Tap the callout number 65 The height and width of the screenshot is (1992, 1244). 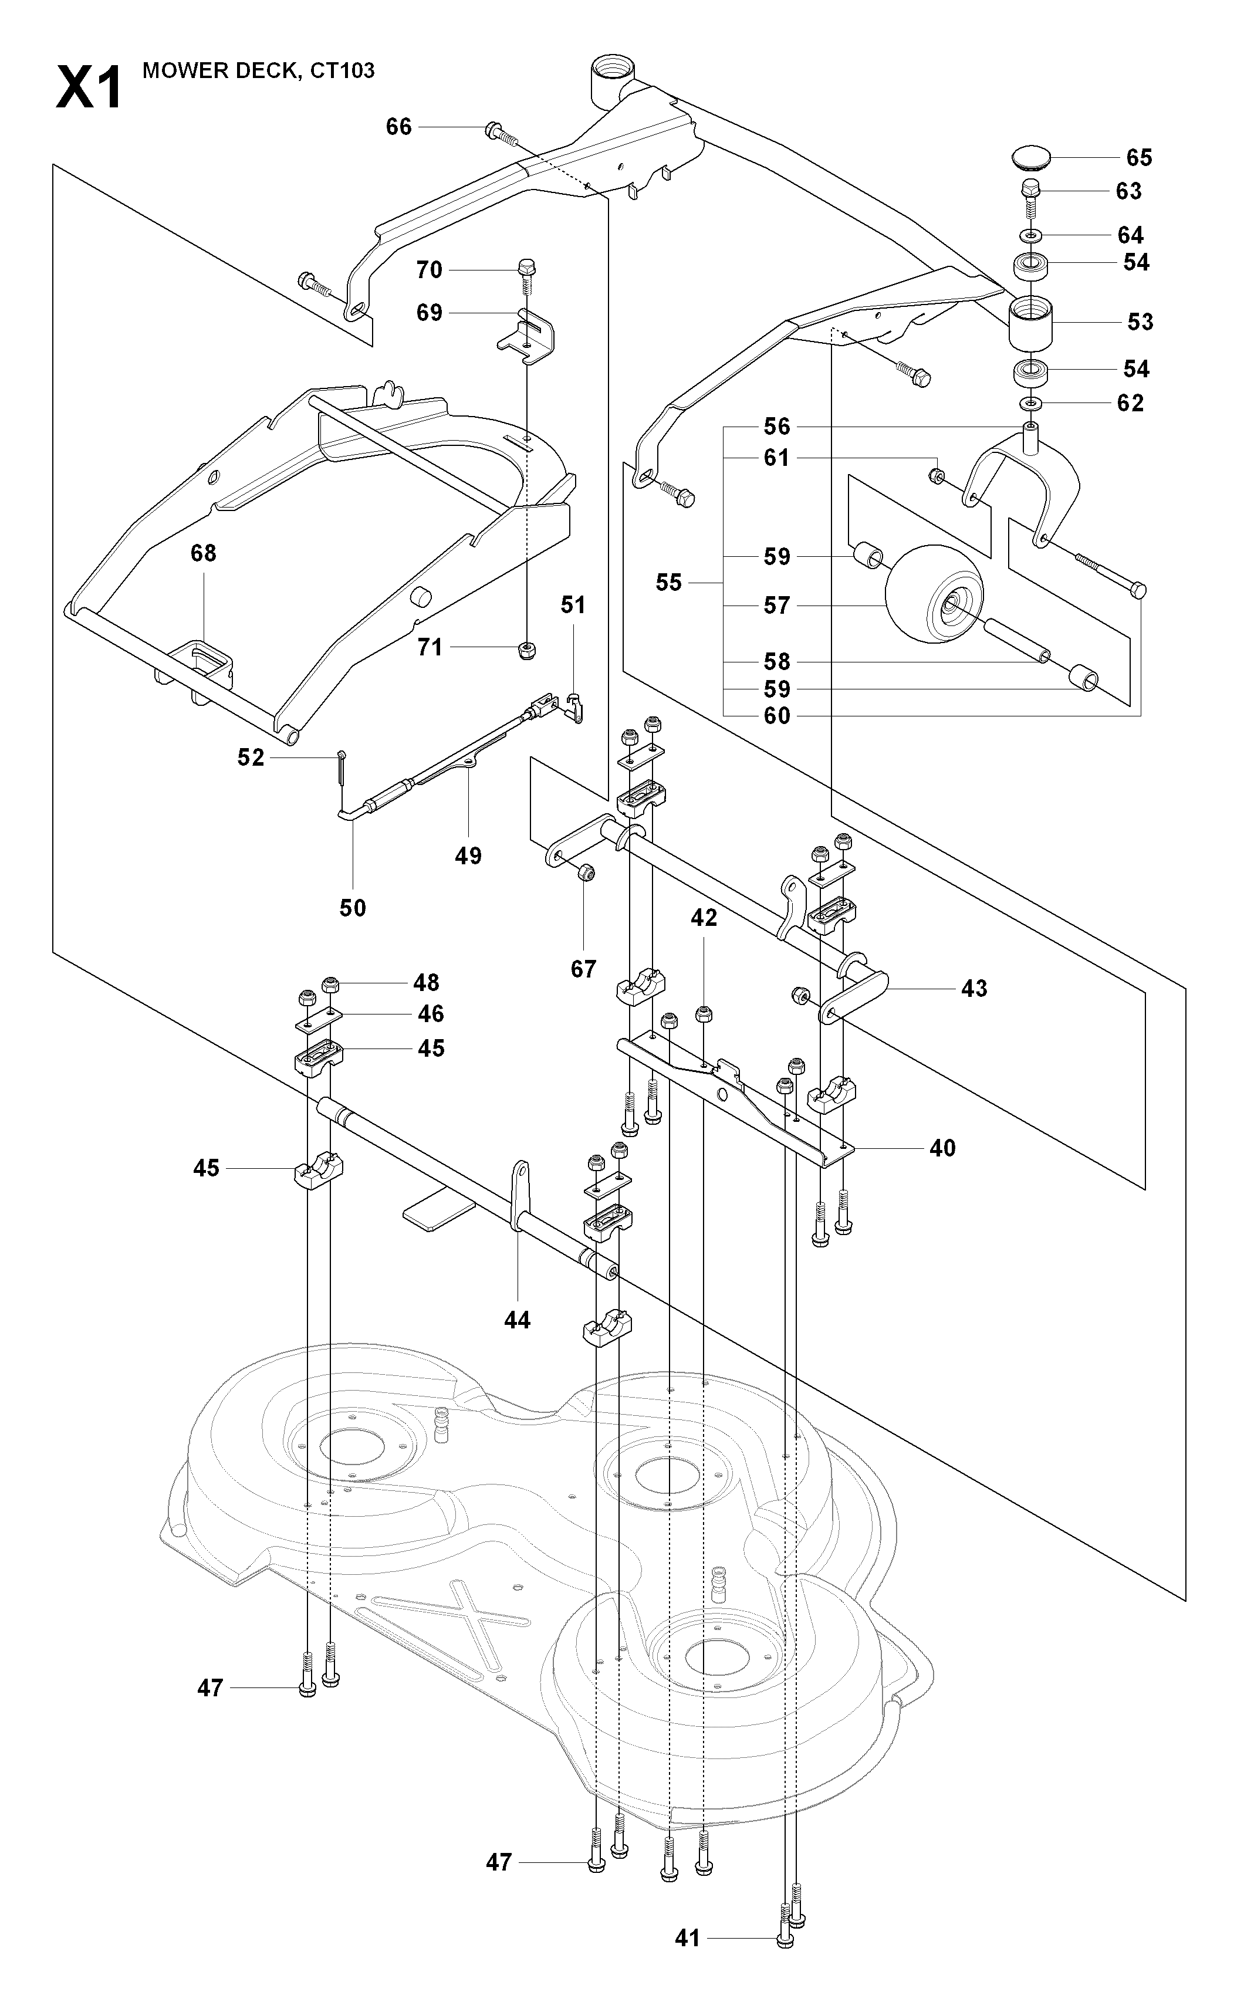1139,157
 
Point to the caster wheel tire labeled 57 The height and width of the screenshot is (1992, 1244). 934,590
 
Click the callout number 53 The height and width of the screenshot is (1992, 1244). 1140,322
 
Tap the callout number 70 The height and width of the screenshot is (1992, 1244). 430,270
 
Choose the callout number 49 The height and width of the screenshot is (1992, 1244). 468,855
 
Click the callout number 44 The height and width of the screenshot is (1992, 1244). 517,1320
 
